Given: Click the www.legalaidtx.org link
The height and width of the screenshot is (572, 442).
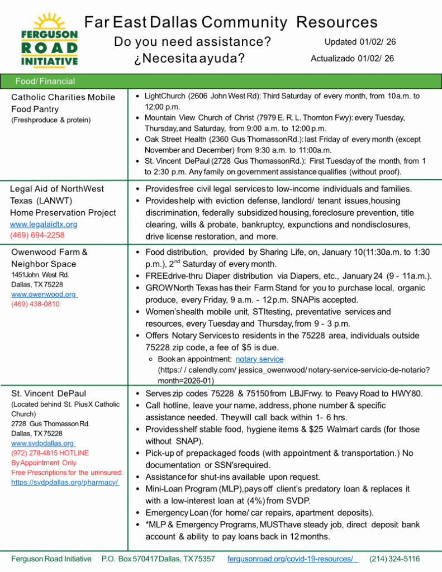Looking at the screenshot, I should tap(44, 225).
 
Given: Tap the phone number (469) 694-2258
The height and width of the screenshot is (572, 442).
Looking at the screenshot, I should tap(37, 236).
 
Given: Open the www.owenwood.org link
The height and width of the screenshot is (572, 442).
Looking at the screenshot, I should tap(44, 294).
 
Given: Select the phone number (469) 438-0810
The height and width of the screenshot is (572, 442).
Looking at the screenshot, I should tap(35, 304).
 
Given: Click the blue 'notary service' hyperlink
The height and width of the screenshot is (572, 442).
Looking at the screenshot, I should tap(259, 359).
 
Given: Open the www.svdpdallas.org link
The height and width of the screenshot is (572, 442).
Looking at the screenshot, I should tap(43, 443).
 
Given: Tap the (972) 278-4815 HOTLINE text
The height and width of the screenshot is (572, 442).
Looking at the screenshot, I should tap(50, 453).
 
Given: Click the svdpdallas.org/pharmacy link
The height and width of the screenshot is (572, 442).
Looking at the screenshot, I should tap(65, 482).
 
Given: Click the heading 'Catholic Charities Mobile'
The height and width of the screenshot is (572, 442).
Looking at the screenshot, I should tap(63, 97).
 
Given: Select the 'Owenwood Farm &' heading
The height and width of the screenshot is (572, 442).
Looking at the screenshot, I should tap(49, 252).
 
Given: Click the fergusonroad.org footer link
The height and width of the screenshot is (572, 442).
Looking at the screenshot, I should tap(293, 559).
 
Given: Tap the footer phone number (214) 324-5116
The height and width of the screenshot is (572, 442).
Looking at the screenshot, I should tap(395, 559).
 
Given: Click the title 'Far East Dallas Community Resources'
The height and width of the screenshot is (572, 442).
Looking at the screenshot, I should tap(231, 23).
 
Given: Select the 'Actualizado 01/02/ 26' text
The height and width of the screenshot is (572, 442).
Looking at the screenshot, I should tap(352, 59).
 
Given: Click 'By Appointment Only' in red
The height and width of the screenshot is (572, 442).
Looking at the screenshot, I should tap(44, 463).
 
